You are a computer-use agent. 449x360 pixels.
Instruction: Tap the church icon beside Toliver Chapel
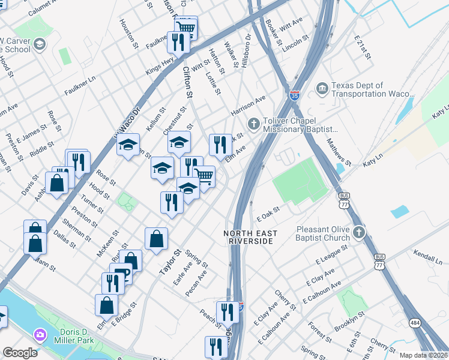tap(254, 124)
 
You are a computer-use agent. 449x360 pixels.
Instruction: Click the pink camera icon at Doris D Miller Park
tap(40, 334)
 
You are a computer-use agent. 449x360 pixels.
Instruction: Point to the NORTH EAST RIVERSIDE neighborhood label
tap(249, 237)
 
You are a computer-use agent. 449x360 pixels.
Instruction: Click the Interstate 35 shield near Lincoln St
tap(294, 95)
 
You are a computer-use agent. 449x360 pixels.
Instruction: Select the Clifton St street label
tap(188, 82)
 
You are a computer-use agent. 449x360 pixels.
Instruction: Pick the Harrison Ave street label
tap(248, 106)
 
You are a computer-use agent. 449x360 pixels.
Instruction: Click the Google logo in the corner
tap(20, 353)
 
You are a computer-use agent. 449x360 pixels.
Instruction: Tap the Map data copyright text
tap(423, 355)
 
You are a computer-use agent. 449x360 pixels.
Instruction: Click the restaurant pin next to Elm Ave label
tap(220, 145)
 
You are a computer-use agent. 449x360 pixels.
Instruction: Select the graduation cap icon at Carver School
tap(40, 44)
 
